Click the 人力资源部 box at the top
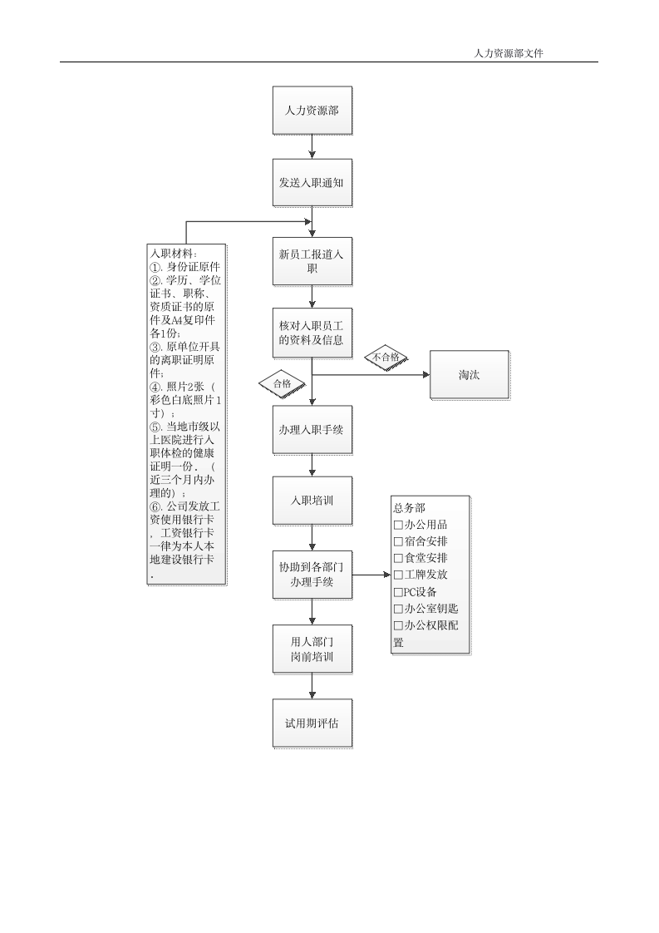click(312, 110)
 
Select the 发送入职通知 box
click(312, 183)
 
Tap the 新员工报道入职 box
click(312, 261)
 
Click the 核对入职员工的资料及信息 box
click(312, 333)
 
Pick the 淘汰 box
click(470, 375)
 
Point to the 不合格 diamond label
click(386, 358)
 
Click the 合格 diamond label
click(283, 384)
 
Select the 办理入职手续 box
click(312, 430)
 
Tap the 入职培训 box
click(312, 501)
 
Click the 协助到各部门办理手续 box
click(312, 575)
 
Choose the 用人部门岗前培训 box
click(312, 649)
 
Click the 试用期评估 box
click(312, 723)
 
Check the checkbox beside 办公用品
click(398, 526)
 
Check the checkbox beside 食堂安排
click(398, 559)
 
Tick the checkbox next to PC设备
click(398, 593)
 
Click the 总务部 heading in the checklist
click(409, 508)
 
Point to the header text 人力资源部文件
click(509, 53)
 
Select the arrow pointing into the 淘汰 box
click(371, 375)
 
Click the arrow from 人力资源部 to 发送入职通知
click(312, 146)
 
